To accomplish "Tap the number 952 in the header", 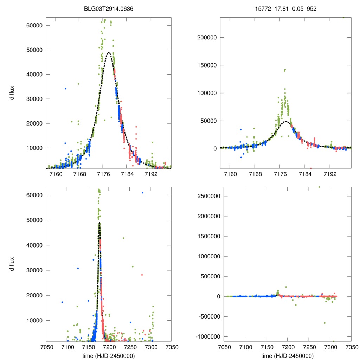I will pyautogui.click(x=311, y=9).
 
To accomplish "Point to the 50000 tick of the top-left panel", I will pyautogui.click(x=35, y=50).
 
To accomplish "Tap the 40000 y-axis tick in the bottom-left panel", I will pyautogui.click(x=35, y=245).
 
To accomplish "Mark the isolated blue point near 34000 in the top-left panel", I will pyautogui.click(x=65, y=89).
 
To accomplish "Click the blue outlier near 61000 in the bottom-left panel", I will pyautogui.click(x=142, y=193).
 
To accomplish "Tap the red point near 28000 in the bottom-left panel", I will pyautogui.click(x=142, y=275).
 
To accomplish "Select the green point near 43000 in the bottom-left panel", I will pyautogui.click(x=123, y=238).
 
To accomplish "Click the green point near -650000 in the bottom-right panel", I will pyautogui.click(x=325, y=323).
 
